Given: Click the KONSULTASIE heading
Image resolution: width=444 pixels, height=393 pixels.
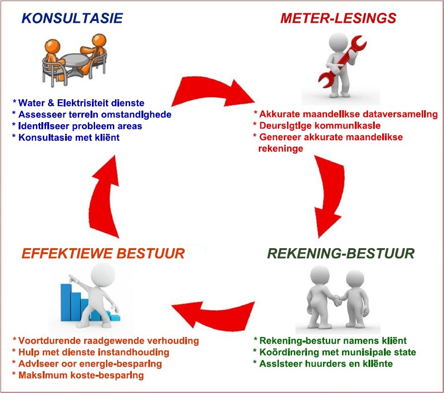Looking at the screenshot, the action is click(72, 18).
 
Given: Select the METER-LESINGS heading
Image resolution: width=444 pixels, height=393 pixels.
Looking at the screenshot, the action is click(338, 18).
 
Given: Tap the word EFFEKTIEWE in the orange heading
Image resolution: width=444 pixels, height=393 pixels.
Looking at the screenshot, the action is click(66, 253).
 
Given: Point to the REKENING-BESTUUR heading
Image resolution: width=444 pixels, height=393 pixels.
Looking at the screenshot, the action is click(341, 253).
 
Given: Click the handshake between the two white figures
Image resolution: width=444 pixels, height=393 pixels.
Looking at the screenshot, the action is click(337, 301).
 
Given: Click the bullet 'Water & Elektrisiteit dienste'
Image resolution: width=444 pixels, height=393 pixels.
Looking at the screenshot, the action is click(78, 103).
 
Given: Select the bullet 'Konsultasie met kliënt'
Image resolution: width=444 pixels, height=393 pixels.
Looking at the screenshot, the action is click(66, 138).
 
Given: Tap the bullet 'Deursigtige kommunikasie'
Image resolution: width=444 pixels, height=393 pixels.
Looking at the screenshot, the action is click(317, 126).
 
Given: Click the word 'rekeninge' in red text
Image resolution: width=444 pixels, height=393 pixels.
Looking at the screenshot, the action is click(281, 148).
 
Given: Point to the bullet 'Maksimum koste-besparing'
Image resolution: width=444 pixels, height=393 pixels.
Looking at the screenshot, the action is click(78, 375).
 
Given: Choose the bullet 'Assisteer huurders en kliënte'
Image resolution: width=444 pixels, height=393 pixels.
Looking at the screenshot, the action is click(323, 364).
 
